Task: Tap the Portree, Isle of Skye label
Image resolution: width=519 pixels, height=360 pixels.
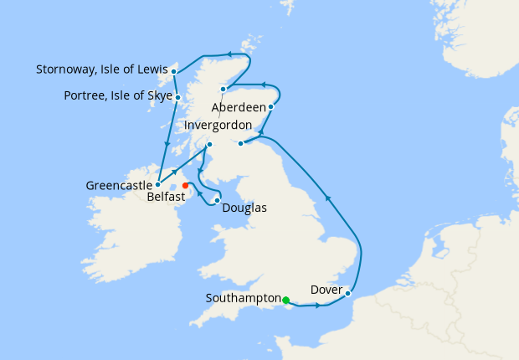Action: tap(118, 96)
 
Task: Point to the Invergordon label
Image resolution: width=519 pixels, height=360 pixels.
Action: tap(218, 125)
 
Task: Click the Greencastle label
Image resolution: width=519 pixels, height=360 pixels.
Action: tap(118, 184)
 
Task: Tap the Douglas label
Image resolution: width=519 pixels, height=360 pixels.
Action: tap(244, 208)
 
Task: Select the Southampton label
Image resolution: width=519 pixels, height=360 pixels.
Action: tap(243, 297)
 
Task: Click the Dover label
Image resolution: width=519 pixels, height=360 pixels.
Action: tap(326, 290)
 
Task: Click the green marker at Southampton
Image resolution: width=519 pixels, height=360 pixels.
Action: tap(285, 301)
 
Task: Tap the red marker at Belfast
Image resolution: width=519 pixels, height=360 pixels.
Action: tap(185, 185)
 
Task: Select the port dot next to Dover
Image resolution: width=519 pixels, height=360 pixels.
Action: tap(347, 293)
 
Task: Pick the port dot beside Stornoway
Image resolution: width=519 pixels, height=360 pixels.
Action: tap(173, 71)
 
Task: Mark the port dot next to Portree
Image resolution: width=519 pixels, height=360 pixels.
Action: tap(178, 97)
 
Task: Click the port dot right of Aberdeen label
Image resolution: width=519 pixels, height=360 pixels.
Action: tap(270, 107)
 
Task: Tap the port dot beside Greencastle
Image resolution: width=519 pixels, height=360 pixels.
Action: tap(157, 184)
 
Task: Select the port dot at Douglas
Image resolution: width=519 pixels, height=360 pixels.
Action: tap(218, 200)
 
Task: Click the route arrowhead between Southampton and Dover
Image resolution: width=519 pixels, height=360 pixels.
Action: tap(318, 306)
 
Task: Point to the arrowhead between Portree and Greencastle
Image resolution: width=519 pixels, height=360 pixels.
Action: tap(167, 144)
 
